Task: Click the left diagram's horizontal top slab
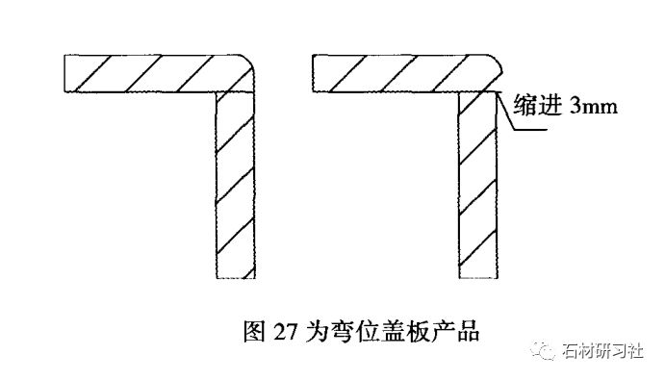154,72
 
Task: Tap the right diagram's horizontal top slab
404,72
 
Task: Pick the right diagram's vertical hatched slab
478,183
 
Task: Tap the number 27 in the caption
284,333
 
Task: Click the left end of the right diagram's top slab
317,72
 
